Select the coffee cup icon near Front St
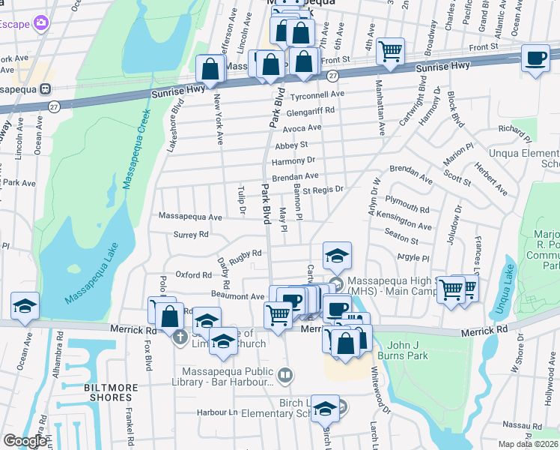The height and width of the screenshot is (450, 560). tap(535, 59)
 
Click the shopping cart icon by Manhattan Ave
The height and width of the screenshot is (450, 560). tap(390, 51)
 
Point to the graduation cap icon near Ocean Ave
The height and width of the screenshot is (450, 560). tap(25, 307)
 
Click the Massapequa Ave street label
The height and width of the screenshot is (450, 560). tap(190, 217)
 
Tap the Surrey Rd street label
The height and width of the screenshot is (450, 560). tap(191, 234)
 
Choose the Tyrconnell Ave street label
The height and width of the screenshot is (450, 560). tap(317, 94)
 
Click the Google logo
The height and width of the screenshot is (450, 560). tap(25, 441)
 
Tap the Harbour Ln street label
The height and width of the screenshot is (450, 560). tap(217, 412)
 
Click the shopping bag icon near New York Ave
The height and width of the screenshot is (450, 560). tap(211, 69)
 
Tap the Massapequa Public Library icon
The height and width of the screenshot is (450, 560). tap(284, 373)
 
